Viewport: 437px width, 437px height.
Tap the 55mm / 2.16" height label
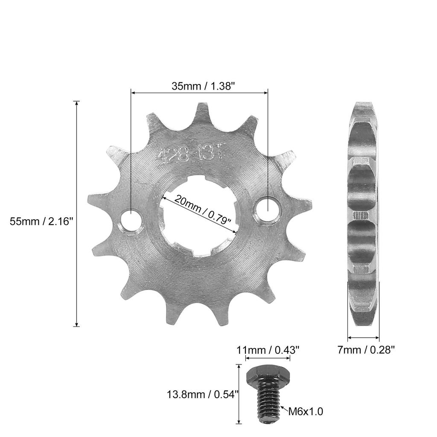click(x=42, y=221)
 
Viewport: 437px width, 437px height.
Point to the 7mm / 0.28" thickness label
click(x=366, y=350)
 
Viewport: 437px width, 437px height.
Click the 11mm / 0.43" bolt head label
click(x=268, y=350)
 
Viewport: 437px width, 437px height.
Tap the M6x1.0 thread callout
click(x=306, y=411)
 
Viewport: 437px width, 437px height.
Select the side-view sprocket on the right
click(x=362, y=213)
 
